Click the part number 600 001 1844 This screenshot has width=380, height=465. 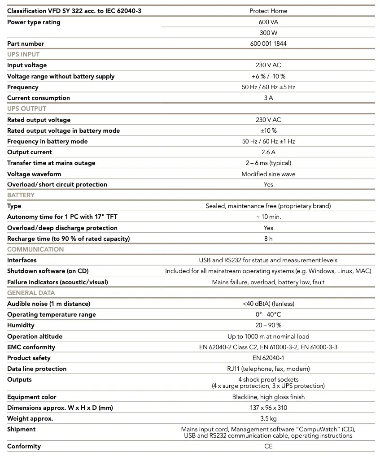(268, 43)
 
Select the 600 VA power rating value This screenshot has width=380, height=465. (268, 22)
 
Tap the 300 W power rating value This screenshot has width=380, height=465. (268, 33)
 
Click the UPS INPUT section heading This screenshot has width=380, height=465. (23, 54)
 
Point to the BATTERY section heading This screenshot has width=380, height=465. (21, 195)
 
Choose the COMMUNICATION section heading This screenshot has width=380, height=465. (35, 249)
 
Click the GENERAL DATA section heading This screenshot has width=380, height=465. (31, 293)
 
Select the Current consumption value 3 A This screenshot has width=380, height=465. (268, 98)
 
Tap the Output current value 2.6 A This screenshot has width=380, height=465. (268, 152)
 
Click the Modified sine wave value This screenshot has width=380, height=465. (268, 174)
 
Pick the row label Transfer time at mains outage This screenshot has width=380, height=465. (51, 163)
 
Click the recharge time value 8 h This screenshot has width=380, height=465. (268, 239)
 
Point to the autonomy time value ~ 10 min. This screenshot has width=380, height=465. (268, 217)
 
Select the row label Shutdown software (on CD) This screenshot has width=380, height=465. (48, 271)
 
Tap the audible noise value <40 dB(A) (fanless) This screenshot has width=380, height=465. (268, 304)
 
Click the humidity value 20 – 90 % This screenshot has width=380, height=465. (268, 325)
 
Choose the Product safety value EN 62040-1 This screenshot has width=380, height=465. (268, 358)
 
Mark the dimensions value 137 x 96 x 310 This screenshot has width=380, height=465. (268, 408)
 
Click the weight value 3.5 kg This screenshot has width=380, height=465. (268, 418)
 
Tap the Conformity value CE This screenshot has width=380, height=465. (268, 446)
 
